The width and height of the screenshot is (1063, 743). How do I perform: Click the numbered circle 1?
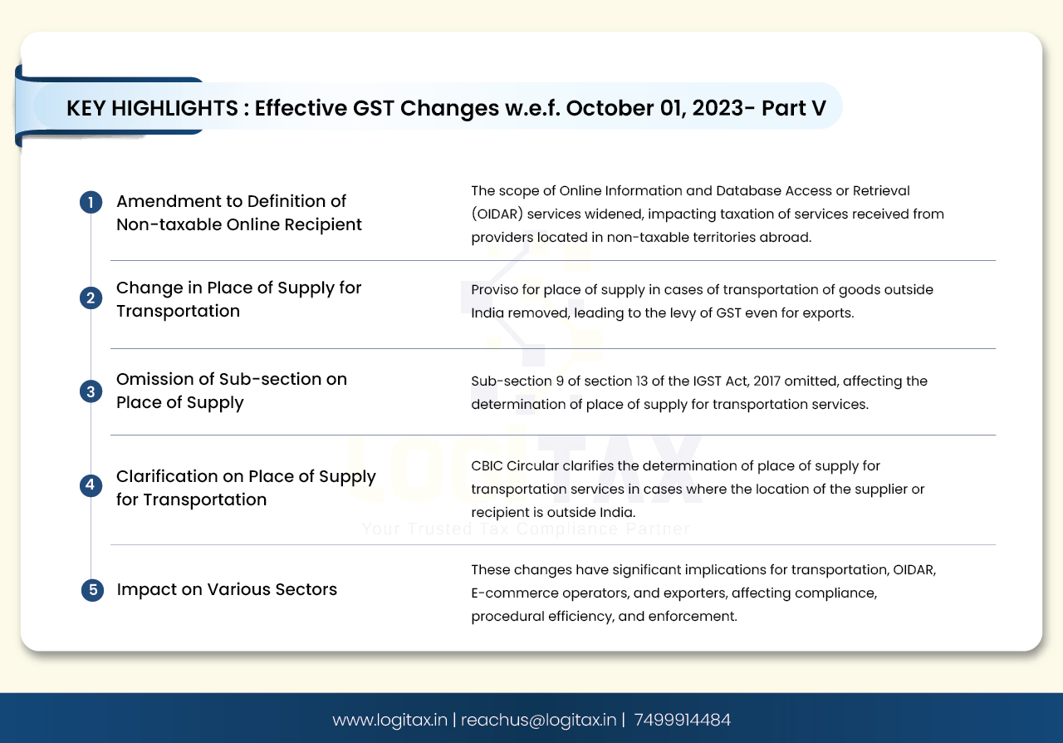pos(91,203)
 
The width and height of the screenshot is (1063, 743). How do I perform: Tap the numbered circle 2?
pos(91,298)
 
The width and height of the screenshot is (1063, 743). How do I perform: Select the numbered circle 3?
pos(91,391)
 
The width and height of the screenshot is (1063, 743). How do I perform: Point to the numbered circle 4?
pos(91,485)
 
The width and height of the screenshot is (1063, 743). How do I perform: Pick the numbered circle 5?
pos(92,590)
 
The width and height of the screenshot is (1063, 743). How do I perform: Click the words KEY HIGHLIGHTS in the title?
pos(152,108)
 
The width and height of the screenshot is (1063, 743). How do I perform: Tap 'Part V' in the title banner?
pos(793,108)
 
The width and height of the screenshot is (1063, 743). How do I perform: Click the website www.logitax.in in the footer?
pos(389,720)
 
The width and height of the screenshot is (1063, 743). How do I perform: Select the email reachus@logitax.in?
pos(539,720)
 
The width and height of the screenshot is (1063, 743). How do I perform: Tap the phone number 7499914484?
pos(683,720)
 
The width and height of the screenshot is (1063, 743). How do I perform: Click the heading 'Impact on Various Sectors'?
pos(227,589)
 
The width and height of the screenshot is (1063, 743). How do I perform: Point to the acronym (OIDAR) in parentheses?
pos(497,214)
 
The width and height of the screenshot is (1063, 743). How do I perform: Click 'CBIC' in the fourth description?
pos(487,465)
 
